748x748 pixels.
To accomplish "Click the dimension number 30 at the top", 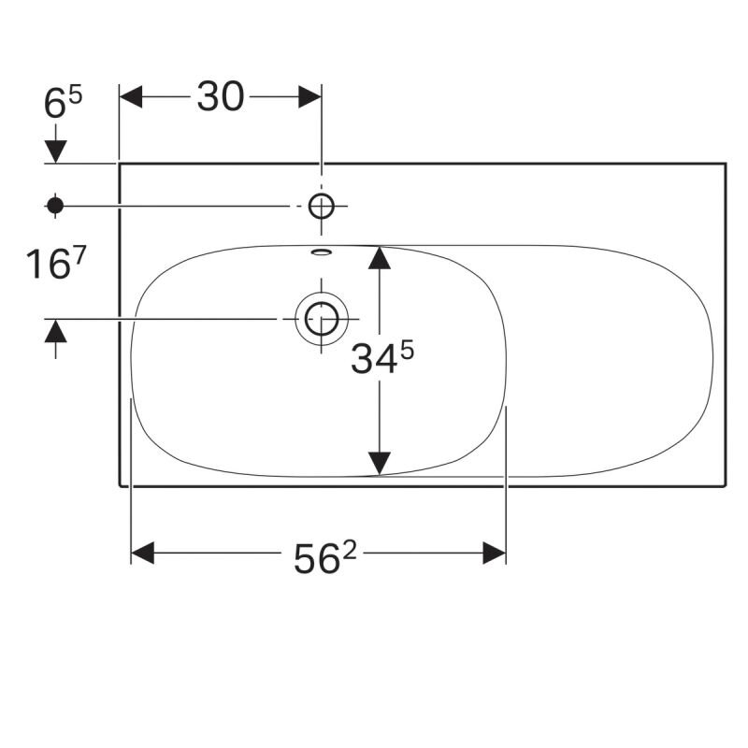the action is click(221, 97).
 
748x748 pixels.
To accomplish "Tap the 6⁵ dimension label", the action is click(63, 102).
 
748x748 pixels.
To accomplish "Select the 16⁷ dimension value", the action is click(55, 264).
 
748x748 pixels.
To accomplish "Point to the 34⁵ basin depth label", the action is click(382, 358).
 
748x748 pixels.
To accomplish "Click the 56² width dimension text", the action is click(324, 558).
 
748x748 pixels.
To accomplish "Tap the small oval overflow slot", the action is click(321, 252).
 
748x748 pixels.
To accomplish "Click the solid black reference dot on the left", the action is click(55, 206).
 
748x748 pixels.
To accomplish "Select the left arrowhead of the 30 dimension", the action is click(131, 97).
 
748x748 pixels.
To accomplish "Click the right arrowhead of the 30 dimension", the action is click(310, 97).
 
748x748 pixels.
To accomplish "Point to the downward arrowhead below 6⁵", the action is click(55, 151).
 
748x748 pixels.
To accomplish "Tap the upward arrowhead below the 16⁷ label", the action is click(55, 331).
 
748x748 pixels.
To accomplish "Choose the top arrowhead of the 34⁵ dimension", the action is click(380, 258).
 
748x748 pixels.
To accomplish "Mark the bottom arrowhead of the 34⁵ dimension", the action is click(380, 464).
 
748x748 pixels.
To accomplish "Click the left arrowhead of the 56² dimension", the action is click(143, 553).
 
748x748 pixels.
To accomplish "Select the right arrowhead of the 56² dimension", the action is click(495, 553).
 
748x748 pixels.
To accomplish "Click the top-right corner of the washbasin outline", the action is click(726, 164).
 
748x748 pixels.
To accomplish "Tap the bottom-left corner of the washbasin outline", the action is click(120, 486).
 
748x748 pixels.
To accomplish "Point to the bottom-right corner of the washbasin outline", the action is click(726, 486).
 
